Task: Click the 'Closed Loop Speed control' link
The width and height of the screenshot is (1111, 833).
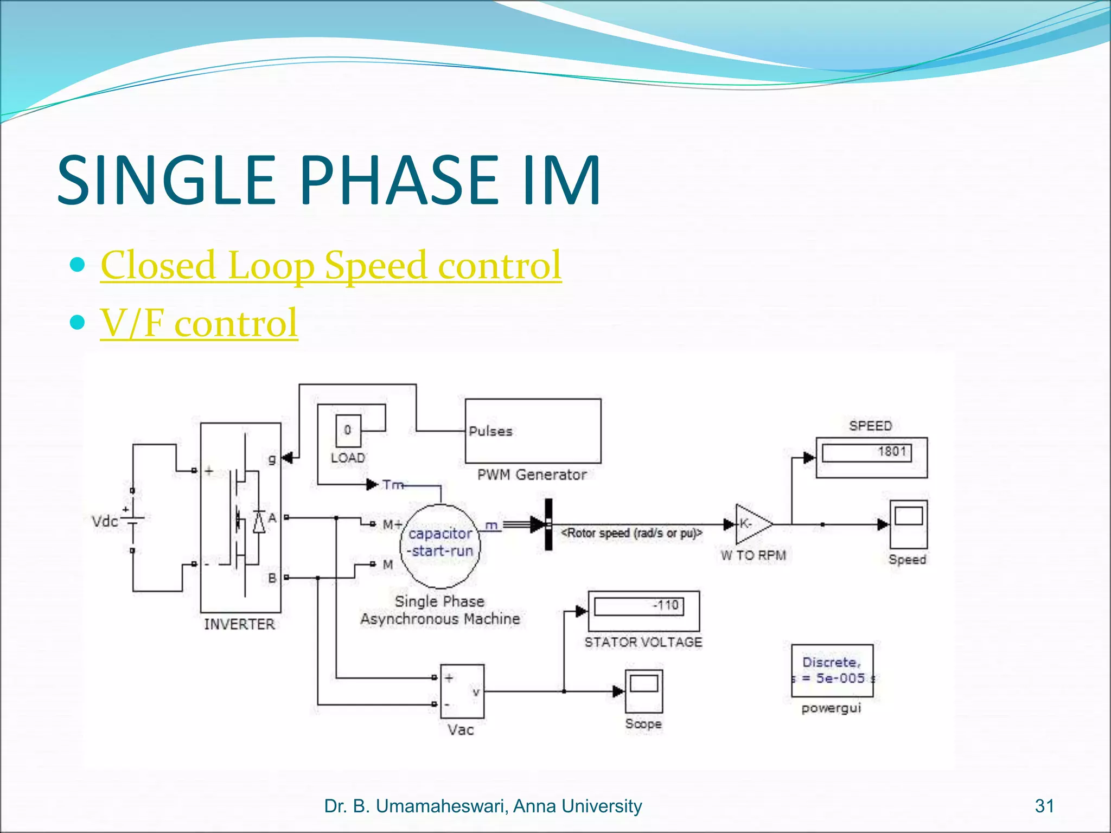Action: [x=331, y=265]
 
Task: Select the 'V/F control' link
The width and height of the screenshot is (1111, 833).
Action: [x=199, y=323]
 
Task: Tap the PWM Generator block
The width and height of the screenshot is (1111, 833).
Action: [x=533, y=431]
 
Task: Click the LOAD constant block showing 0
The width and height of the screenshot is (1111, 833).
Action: [x=348, y=431]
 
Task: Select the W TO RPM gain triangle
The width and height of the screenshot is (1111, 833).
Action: [x=752, y=524]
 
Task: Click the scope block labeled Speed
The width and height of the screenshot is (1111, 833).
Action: [x=908, y=524]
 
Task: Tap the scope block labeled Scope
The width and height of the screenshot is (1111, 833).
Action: [x=643, y=691]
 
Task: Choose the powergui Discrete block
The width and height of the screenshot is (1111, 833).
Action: [x=832, y=671]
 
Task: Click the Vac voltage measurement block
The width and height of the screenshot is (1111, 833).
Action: [x=462, y=691]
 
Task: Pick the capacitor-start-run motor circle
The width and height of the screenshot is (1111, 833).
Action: [x=440, y=546]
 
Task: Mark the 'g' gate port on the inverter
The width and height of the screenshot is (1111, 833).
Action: [x=272, y=459]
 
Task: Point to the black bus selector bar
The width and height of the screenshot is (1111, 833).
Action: [x=548, y=524]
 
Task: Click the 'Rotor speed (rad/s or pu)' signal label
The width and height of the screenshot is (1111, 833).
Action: [x=631, y=534]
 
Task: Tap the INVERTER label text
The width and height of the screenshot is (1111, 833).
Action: [x=239, y=624]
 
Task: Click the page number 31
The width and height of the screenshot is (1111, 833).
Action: [x=1044, y=806]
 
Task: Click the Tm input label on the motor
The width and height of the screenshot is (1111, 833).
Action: [x=393, y=484]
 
